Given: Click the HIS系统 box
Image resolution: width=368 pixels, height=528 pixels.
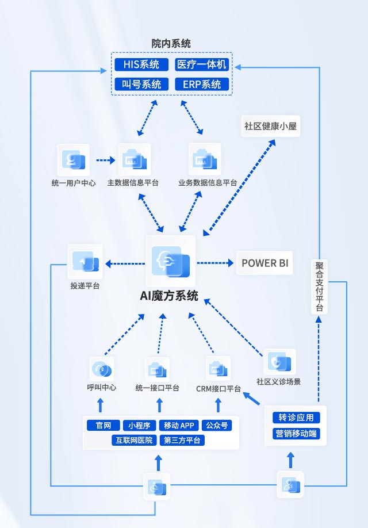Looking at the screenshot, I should coord(141,64).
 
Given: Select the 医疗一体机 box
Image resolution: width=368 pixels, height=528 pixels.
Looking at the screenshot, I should coord(202,64).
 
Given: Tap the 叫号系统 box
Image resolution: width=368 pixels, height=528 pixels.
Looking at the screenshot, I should coord(141,85).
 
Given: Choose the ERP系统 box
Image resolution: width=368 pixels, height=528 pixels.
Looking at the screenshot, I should coord(202,85).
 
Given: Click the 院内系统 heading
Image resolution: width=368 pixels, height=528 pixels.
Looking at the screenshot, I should coord(171,43).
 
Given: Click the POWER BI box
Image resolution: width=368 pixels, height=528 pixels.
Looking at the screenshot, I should coord(265,263).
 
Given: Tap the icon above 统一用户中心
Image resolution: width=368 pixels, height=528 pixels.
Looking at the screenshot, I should coord(74,160).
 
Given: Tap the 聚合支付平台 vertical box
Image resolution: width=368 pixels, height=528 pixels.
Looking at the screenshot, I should coord(320,286).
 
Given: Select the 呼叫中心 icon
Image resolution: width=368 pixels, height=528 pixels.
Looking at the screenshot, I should coord(101,368).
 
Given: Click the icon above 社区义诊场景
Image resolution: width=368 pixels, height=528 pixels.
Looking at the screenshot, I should coord(279,362).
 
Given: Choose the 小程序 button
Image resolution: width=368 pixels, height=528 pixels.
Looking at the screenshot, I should coord(139,426).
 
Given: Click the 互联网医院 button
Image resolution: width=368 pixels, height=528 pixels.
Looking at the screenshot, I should coord(133,441).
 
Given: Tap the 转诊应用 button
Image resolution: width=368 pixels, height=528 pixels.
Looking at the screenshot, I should coord(296,418).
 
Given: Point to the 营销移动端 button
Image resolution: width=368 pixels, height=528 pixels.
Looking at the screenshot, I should coord(296,434).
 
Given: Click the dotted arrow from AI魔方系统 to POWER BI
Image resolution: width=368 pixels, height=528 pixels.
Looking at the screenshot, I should coord(216,263).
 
